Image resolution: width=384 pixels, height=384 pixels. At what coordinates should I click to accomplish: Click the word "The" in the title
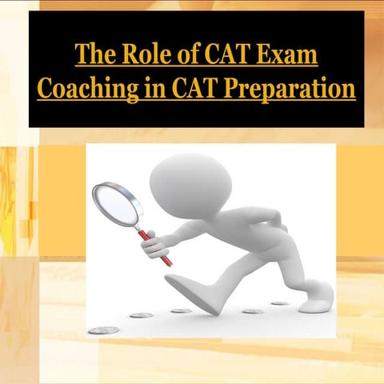click(x=94, y=57)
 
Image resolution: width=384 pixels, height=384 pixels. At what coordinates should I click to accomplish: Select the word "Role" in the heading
click(x=142, y=57)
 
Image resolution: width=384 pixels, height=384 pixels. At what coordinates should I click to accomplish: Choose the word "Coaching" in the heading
click(x=86, y=88)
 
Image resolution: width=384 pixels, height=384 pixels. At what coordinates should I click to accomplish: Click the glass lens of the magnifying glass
click(x=115, y=203)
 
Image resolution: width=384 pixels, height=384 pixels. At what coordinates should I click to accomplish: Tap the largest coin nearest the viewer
click(x=103, y=330)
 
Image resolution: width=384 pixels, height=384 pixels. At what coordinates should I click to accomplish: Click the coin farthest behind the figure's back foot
click(x=279, y=303)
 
